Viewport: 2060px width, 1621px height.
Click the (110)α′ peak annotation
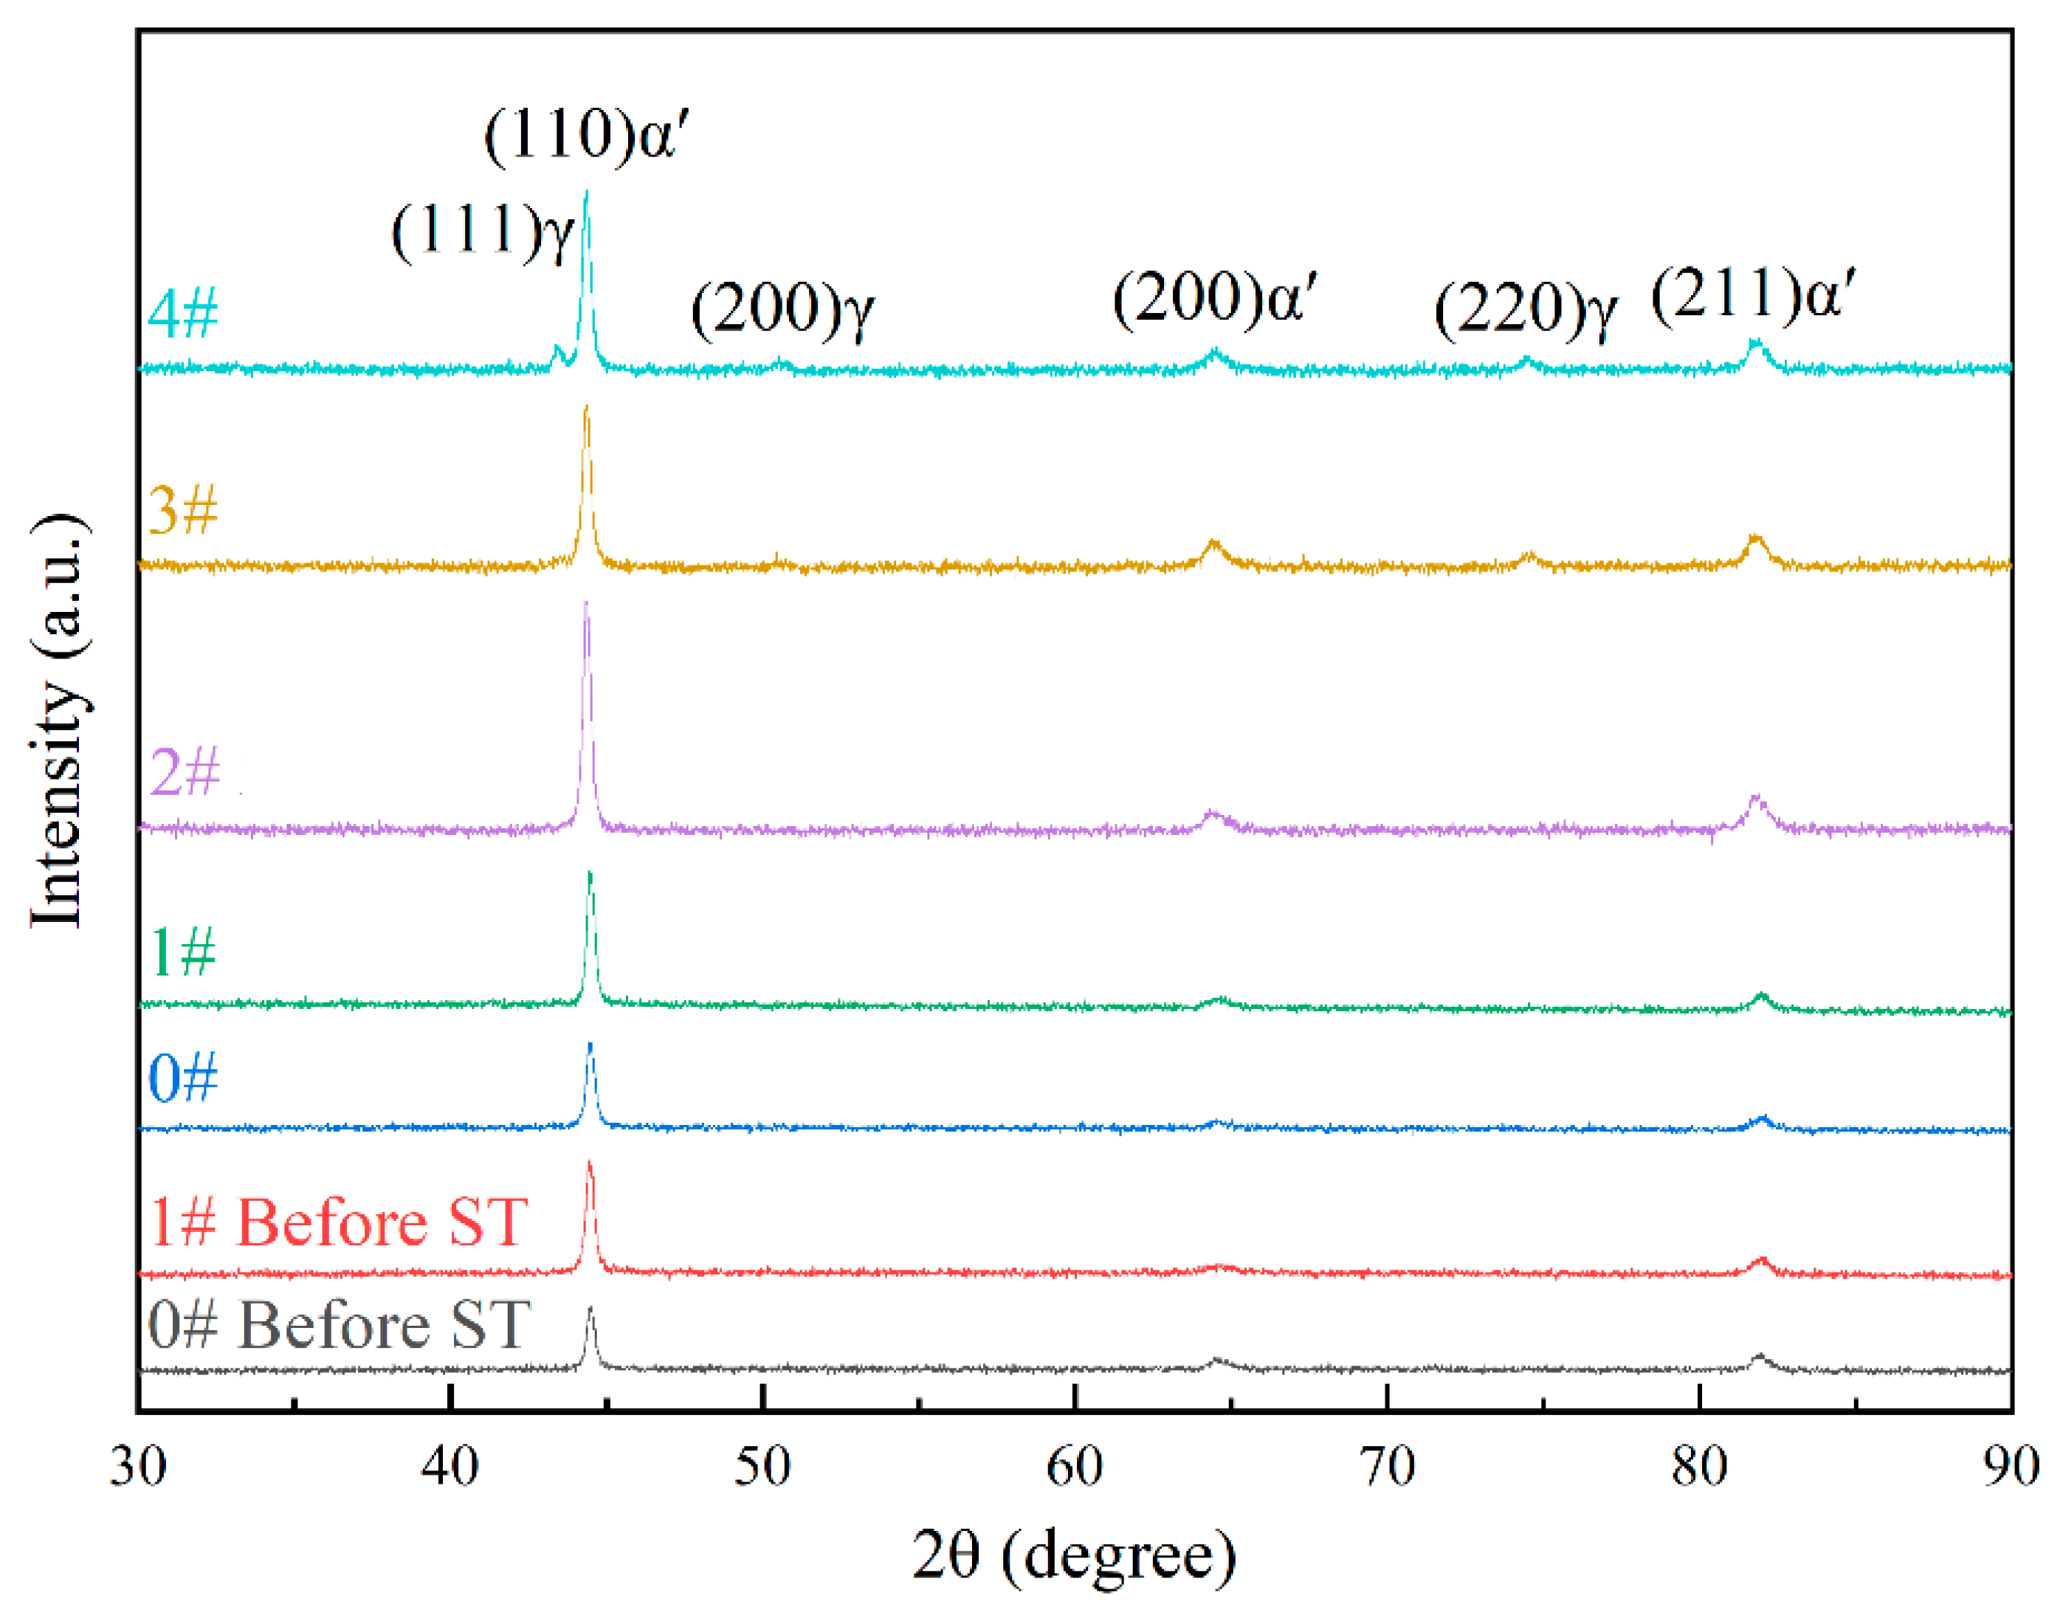[x=585, y=135]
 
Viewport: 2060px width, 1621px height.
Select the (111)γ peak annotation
[x=482, y=233]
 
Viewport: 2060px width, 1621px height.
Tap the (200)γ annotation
[x=782, y=309]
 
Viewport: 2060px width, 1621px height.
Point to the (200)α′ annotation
[x=1215, y=300]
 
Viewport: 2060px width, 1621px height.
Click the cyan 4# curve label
[x=182, y=312]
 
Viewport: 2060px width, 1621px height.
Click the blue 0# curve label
[x=182, y=1078]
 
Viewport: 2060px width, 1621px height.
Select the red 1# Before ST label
[x=338, y=1222]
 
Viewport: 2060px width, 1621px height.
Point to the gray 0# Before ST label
[x=339, y=1325]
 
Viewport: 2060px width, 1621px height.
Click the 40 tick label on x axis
[x=449, y=1466]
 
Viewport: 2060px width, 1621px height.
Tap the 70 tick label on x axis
[x=1386, y=1466]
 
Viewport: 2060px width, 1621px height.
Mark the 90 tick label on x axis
[x=2010, y=1466]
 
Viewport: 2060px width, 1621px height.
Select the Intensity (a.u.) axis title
[x=59, y=721]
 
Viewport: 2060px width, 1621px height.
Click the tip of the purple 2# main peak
[x=585, y=604]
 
